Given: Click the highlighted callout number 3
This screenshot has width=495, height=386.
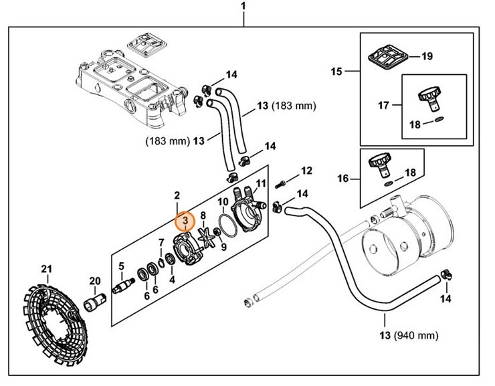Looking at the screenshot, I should click(x=184, y=221).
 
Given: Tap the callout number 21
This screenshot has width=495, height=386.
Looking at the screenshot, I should click(x=46, y=270).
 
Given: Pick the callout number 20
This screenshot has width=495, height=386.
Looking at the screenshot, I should click(x=94, y=281).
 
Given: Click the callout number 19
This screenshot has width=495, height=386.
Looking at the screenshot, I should click(x=427, y=57).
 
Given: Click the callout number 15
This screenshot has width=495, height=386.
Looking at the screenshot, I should click(x=336, y=71).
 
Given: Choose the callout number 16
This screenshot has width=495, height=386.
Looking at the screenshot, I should click(x=344, y=179).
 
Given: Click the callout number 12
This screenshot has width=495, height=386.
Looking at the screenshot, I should click(x=306, y=171).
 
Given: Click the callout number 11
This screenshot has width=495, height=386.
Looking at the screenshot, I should click(x=261, y=183).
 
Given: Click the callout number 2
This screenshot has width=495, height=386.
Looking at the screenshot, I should click(x=177, y=196).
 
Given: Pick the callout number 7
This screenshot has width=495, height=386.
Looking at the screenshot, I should click(x=161, y=242).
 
